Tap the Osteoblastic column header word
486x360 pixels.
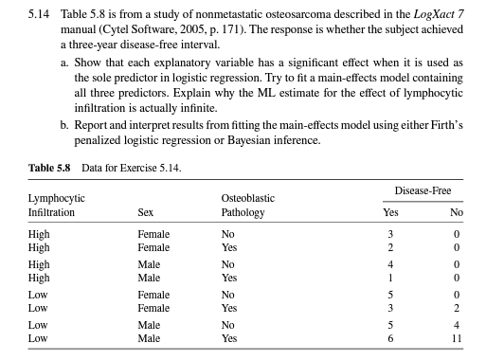[247, 198]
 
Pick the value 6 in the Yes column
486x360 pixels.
[388, 337]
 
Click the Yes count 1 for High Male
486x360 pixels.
[388, 279]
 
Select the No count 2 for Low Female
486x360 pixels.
[458, 308]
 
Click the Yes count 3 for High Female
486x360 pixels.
[388, 234]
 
